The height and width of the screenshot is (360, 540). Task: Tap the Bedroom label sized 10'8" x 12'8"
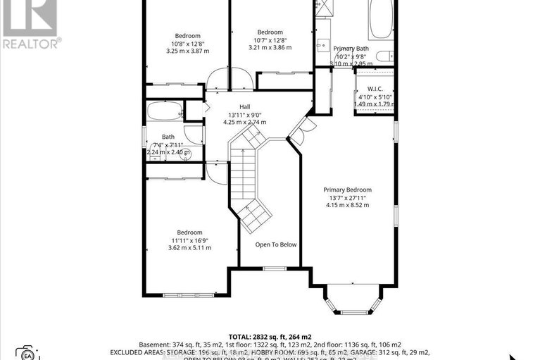tap(187, 36)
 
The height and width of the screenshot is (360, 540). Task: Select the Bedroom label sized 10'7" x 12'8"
tap(270, 32)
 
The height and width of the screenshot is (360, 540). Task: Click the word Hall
tap(244, 106)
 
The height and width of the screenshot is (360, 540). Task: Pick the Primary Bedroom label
tap(347, 190)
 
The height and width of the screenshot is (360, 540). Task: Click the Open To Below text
tap(276, 244)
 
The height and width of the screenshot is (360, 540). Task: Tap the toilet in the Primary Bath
tap(384, 56)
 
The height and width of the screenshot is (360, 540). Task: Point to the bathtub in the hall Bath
tap(163, 111)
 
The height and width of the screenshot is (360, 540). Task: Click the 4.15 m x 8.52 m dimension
tap(347, 205)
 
